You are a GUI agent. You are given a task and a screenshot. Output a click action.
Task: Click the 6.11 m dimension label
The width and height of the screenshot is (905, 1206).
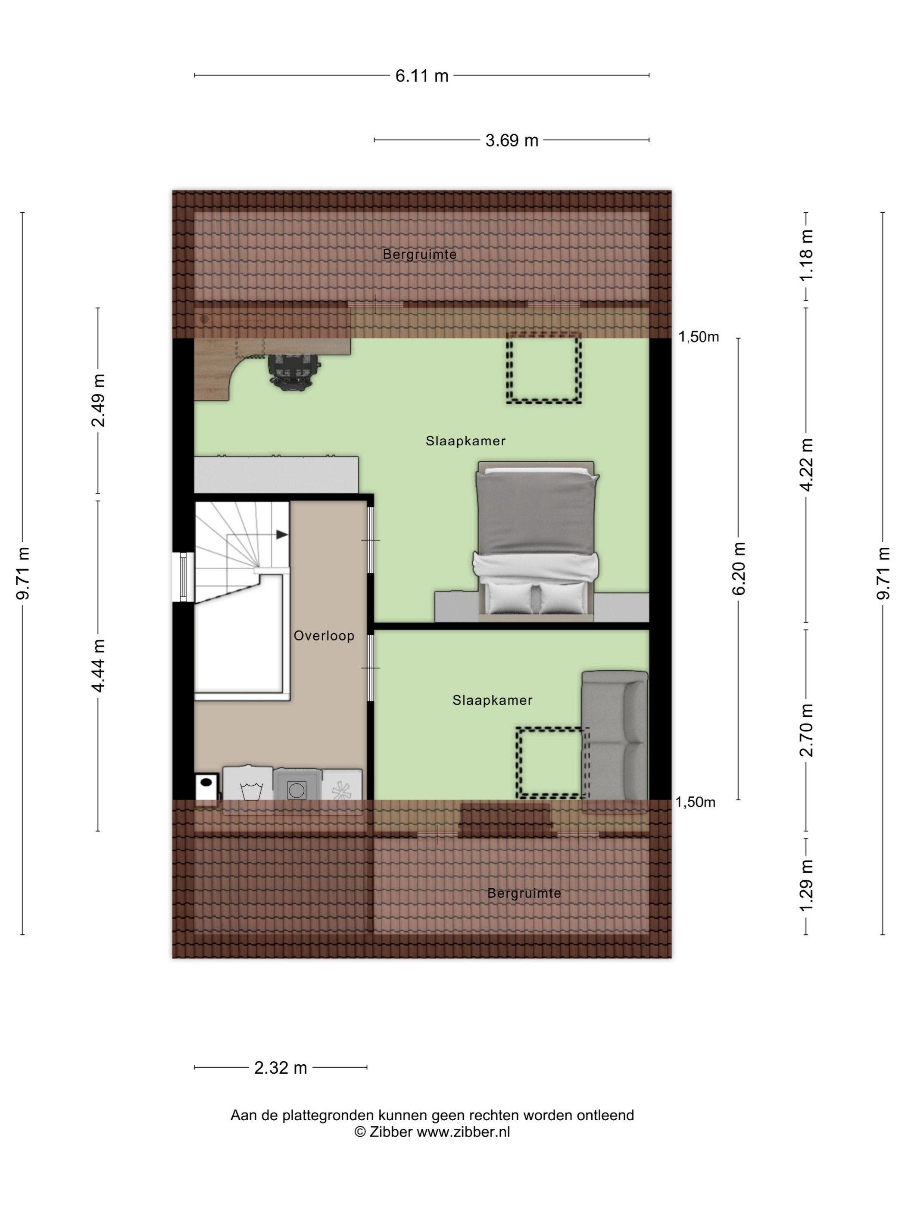[x=421, y=76]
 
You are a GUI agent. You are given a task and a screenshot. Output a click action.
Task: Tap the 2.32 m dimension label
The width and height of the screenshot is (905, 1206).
[x=281, y=1067]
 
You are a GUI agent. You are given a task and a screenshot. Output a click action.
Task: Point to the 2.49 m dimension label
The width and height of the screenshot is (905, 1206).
[x=98, y=400]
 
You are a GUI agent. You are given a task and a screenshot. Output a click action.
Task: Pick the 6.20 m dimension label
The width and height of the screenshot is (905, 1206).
[x=739, y=569]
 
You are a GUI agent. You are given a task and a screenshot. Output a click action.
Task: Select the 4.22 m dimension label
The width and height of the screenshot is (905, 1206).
[x=806, y=464]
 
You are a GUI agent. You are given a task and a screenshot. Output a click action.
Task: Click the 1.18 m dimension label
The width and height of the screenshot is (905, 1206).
[x=806, y=255]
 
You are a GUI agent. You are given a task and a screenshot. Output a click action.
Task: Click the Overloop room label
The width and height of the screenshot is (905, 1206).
[x=324, y=636]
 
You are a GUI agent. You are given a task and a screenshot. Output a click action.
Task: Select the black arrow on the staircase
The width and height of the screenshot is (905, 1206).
[x=282, y=535]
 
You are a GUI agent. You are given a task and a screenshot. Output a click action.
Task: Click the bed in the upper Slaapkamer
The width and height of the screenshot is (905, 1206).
[x=536, y=541]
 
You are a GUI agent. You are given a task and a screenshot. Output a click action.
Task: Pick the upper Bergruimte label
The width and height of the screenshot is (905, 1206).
[x=419, y=254]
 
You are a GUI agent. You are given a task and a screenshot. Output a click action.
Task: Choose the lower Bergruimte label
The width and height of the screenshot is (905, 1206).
[x=524, y=893]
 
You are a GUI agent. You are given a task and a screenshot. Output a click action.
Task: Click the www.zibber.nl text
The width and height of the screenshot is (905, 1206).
[x=463, y=1132]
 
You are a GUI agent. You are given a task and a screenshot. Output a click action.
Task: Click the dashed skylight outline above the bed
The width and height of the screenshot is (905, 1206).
[x=543, y=368]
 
